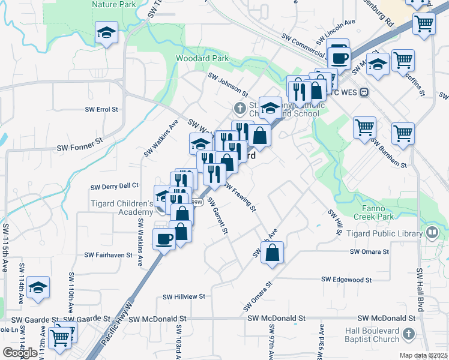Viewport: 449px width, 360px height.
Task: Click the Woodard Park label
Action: tap(202, 59)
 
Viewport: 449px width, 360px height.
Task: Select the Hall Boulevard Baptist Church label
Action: tap(372, 335)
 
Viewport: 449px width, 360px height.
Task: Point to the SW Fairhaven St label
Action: tap(108, 255)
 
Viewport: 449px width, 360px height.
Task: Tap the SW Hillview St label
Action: tap(184, 296)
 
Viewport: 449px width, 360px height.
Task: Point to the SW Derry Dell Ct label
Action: tap(114, 186)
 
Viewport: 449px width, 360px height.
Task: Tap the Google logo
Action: tap(20, 353)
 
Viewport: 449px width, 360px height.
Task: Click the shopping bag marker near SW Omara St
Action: tap(273, 253)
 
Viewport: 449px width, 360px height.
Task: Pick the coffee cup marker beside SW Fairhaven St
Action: tap(164, 239)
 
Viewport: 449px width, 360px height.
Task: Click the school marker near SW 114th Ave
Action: tap(38, 287)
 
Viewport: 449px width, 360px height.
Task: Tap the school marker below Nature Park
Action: tap(106, 32)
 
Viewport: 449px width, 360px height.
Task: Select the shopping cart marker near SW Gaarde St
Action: tap(60, 338)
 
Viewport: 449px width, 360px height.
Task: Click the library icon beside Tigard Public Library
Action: tap(432, 232)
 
